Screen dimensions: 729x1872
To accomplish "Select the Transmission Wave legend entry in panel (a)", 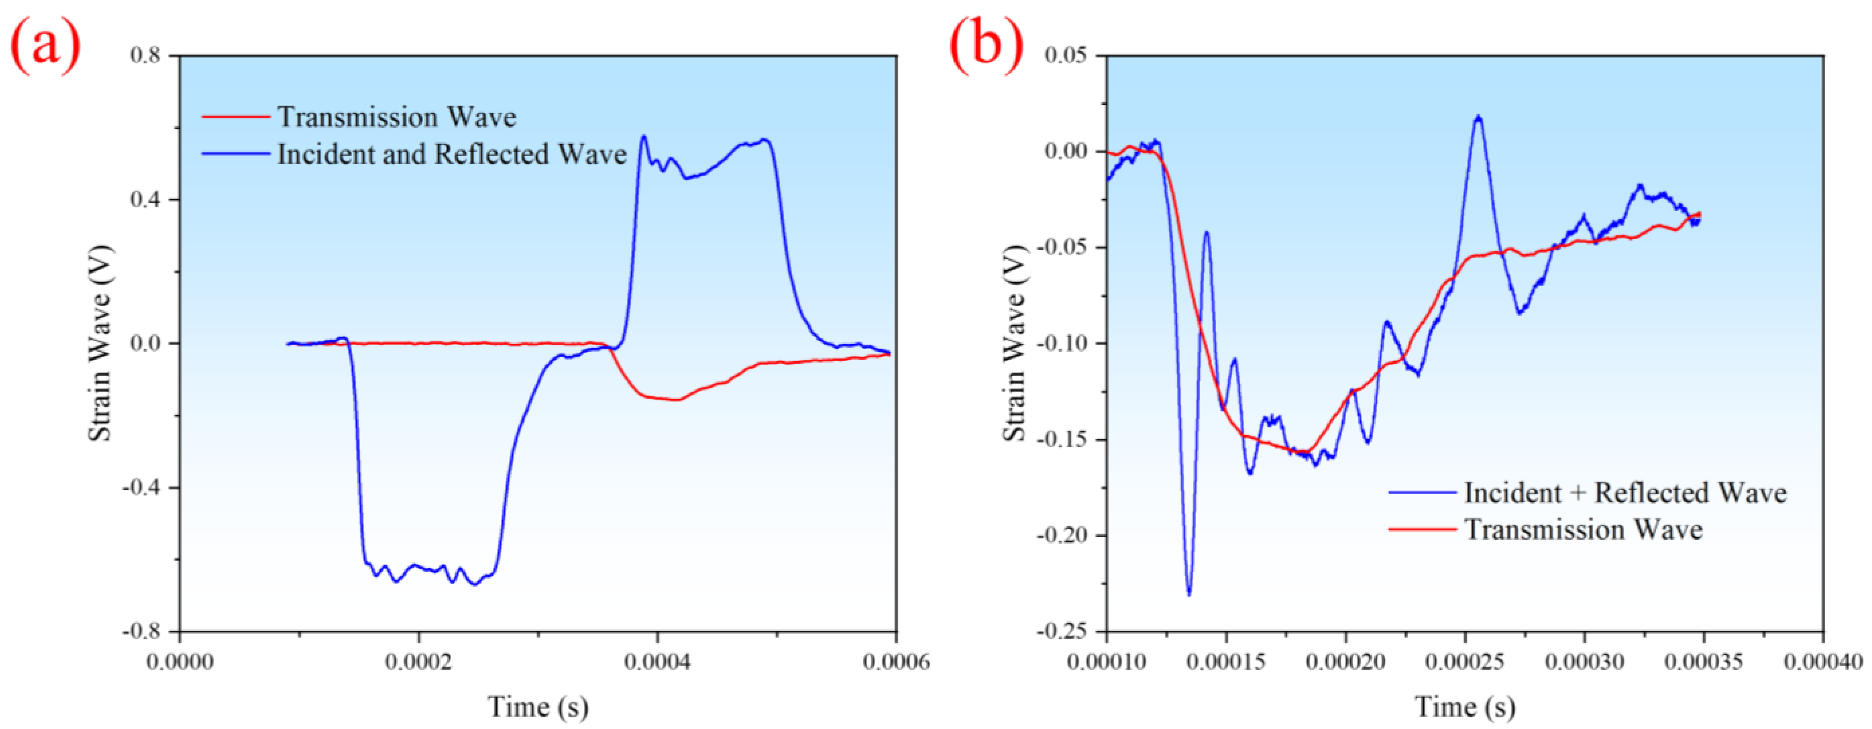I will (396, 117).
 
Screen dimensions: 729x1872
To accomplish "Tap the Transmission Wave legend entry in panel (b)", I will (1583, 530).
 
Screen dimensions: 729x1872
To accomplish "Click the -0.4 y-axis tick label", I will (143, 488).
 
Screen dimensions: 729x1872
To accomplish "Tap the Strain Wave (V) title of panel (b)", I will (1015, 343).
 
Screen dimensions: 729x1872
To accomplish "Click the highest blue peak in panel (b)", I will (1477, 117).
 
